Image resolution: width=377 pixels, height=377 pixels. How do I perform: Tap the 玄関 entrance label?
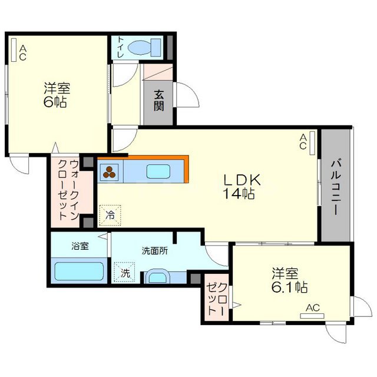pyautogui.click(x=159, y=100)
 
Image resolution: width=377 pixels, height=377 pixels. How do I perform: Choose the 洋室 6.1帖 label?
pyautogui.click(x=289, y=281)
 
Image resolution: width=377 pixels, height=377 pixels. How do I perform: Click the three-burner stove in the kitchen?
pyautogui.click(x=111, y=172)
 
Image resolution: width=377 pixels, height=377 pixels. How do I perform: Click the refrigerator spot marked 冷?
pyautogui.click(x=110, y=215)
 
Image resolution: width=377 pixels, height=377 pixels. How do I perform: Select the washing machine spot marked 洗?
pyautogui.click(x=125, y=273)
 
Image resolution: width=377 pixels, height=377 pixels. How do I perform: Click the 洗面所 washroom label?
pyautogui.click(x=155, y=250)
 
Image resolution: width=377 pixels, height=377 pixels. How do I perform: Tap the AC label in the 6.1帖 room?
pyautogui.click(x=312, y=307)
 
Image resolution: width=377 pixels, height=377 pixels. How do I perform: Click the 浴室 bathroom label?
pyautogui.click(x=80, y=246)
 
